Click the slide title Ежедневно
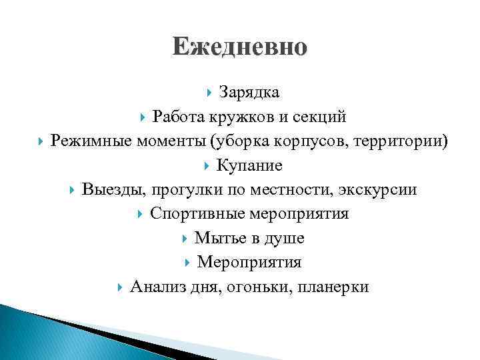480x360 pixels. click(x=239, y=47)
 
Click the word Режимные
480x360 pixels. click(x=91, y=141)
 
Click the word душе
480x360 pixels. click(x=283, y=239)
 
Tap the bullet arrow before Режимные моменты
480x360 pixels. click(x=40, y=141)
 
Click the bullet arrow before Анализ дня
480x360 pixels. click(x=120, y=287)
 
